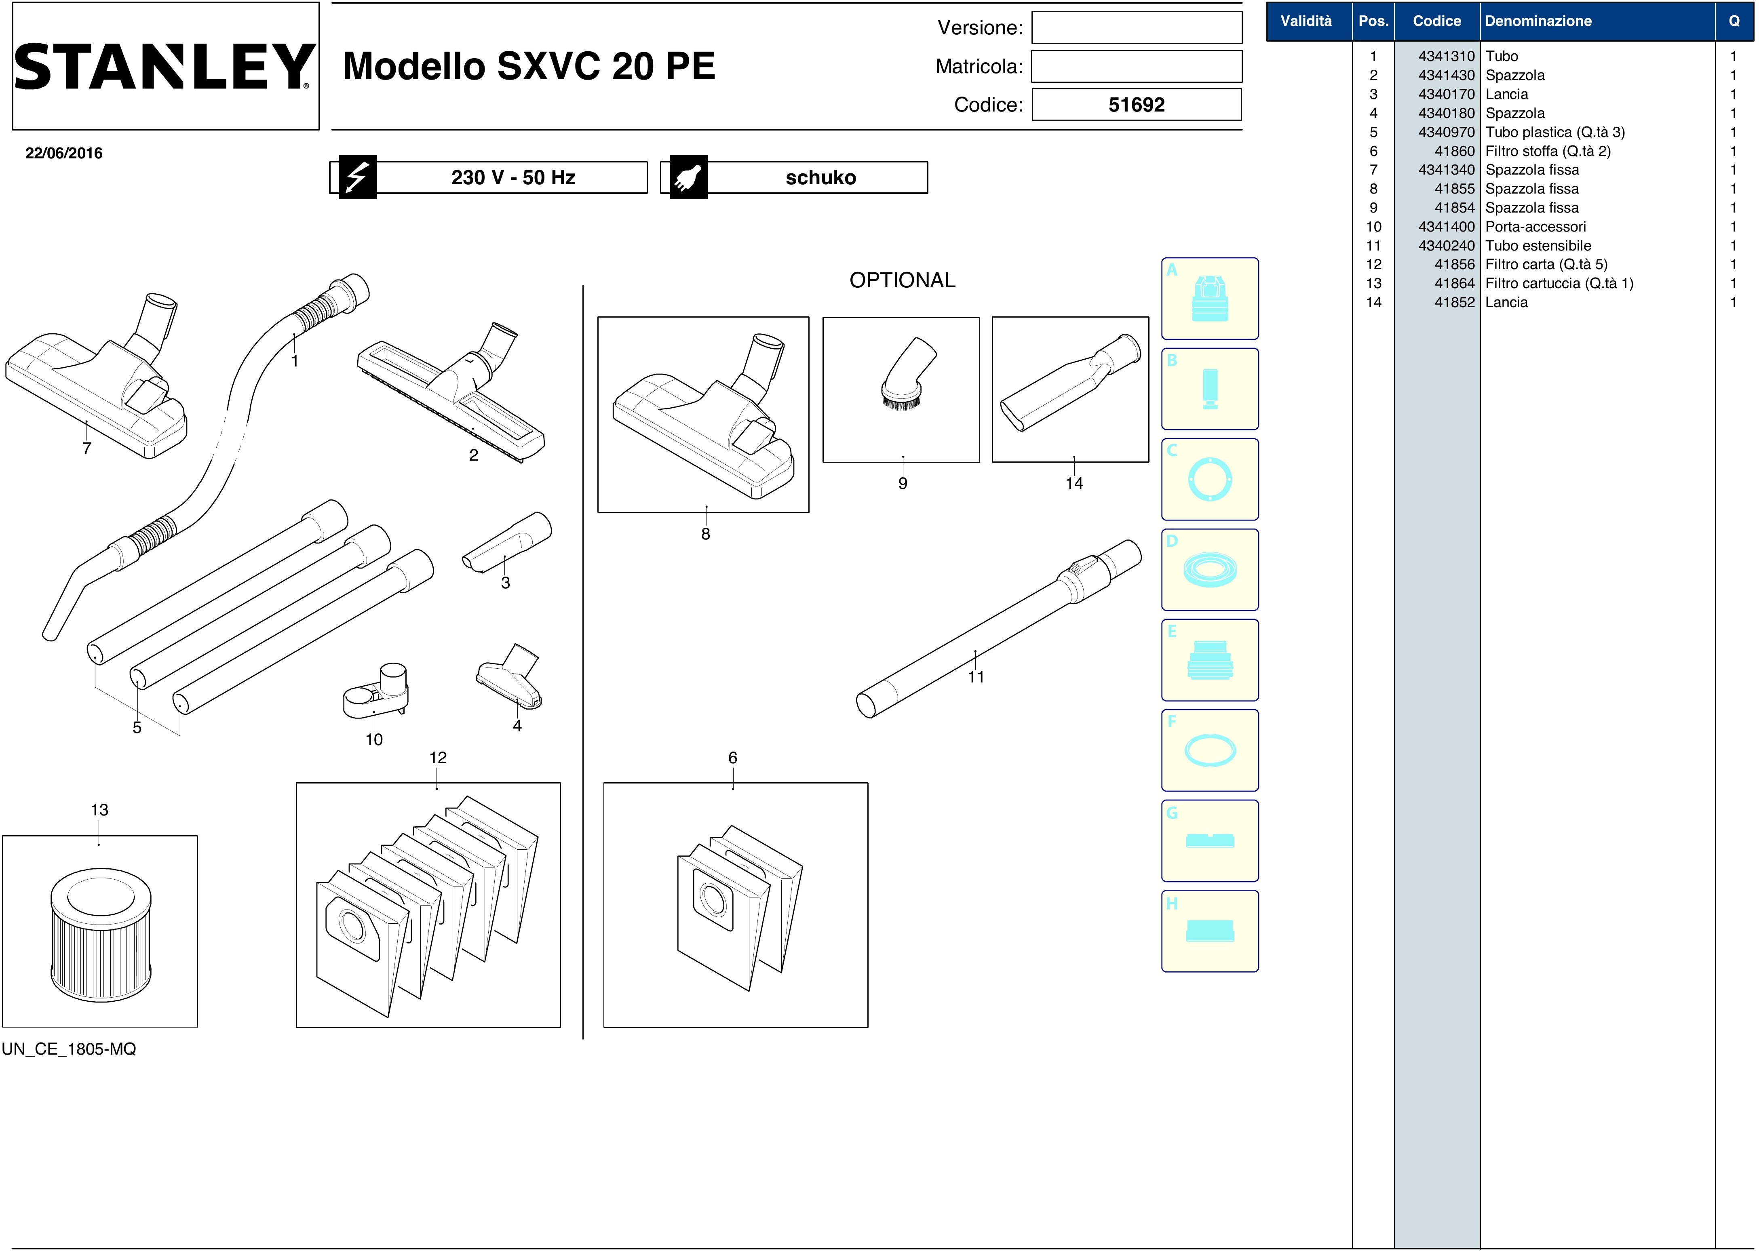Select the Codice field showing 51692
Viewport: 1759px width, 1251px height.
(1137, 105)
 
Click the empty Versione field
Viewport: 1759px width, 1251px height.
(1137, 28)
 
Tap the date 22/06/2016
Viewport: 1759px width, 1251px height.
(64, 152)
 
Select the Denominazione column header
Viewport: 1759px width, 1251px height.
(1538, 21)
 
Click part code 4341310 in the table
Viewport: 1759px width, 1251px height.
(1446, 56)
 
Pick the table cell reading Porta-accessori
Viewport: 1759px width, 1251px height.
(1535, 226)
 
